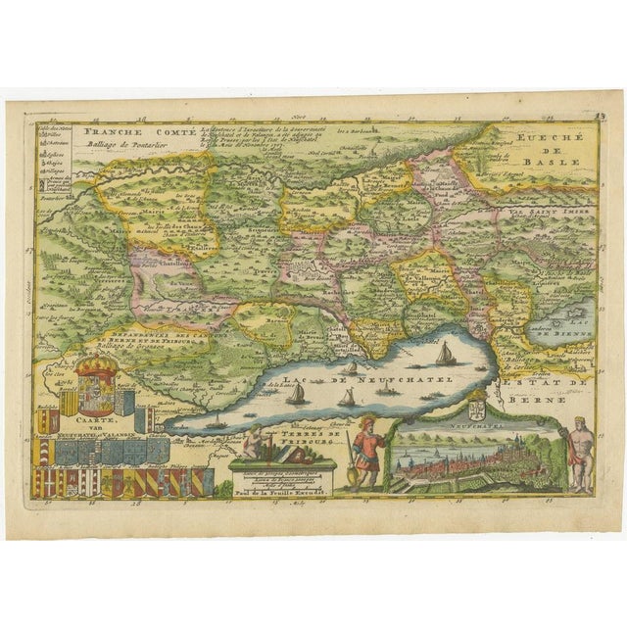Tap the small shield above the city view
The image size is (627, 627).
coord(479,404)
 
